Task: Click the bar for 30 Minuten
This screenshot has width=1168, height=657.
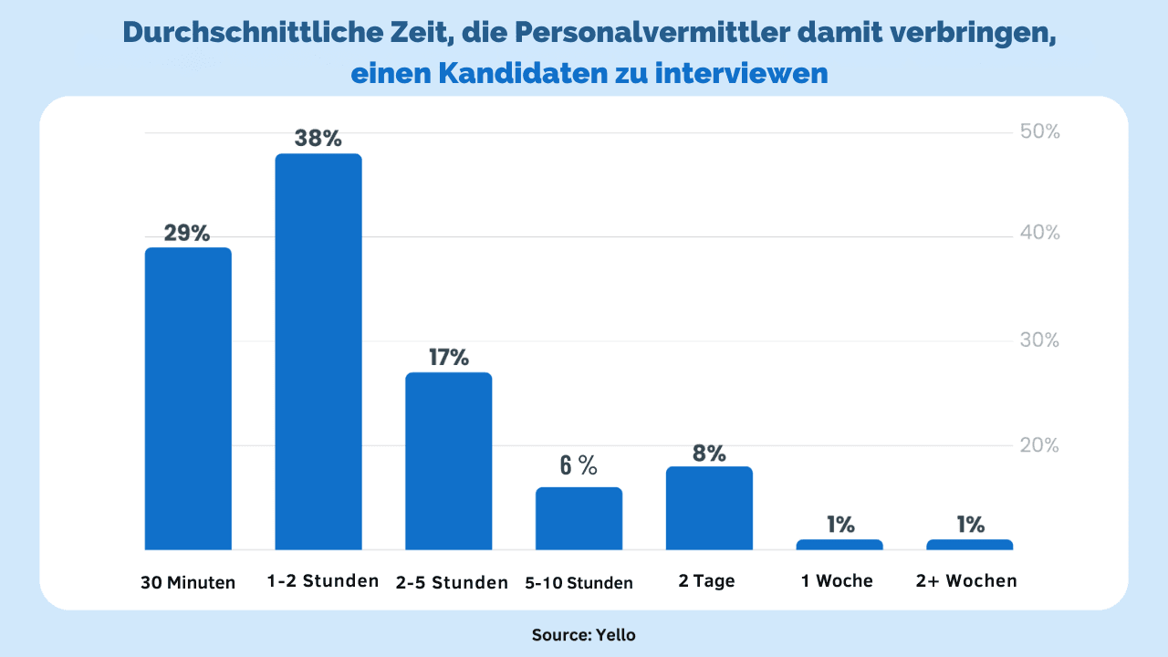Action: [x=188, y=398]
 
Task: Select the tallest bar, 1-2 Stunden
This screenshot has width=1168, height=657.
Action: [x=318, y=351]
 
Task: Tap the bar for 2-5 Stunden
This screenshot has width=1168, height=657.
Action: [x=448, y=461]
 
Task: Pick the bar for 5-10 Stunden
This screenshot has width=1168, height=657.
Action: [x=579, y=518]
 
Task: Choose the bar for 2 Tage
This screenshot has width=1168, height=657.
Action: [x=709, y=508]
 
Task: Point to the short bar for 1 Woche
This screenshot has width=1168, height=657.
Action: [x=839, y=545]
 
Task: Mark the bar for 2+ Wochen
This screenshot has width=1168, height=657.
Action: [x=969, y=545]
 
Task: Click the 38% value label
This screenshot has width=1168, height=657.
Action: [x=318, y=139]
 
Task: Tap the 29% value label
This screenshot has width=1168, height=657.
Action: [x=187, y=233]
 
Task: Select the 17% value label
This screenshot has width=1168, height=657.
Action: [x=448, y=357]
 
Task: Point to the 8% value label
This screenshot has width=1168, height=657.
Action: [x=709, y=453]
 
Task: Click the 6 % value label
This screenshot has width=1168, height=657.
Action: [x=579, y=466]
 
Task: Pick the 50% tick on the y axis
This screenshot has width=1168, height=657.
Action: [x=1039, y=132]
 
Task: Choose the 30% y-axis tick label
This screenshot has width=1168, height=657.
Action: [x=1039, y=340]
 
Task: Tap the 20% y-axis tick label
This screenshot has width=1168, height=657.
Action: [x=1039, y=445]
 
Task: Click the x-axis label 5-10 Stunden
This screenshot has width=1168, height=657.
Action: [x=579, y=583]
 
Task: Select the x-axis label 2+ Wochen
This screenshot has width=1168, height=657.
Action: [x=966, y=581]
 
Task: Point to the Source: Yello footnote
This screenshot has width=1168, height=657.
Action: [x=583, y=635]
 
